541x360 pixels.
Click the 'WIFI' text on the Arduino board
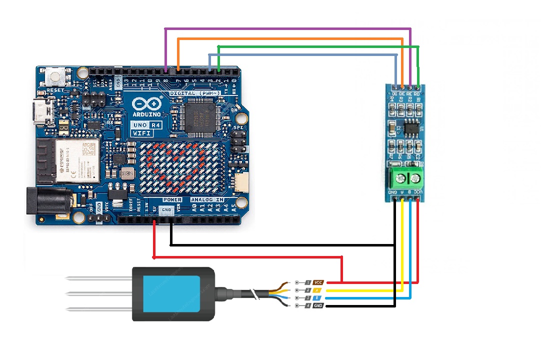(x=141, y=133)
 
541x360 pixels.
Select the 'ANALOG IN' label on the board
(x=207, y=200)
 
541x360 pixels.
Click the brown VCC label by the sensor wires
(x=318, y=282)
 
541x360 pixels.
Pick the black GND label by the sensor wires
(x=318, y=305)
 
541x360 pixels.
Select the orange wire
(x=290, y=38)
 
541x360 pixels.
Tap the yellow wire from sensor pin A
(x=365, y=290)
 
